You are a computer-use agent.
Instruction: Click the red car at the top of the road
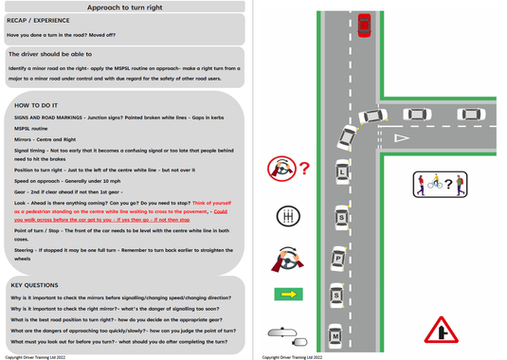click(364, 26)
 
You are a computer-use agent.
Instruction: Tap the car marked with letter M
click(335, 333)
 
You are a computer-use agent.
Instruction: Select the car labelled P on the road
click(336, 258)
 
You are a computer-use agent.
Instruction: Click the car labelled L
click(343, 173)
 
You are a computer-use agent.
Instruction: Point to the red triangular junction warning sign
click(439, 329)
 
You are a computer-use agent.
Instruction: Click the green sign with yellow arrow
click(288, 295)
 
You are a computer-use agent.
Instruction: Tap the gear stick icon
click(282, 218)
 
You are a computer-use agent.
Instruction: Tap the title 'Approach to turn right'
click(124, 7)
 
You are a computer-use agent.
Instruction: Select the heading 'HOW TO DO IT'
click(36, 105)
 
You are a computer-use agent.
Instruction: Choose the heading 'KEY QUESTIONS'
click(34, 284)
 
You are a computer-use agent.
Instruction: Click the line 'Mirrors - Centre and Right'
click(45, 138)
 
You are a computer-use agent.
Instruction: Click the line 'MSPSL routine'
click(31, 128)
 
